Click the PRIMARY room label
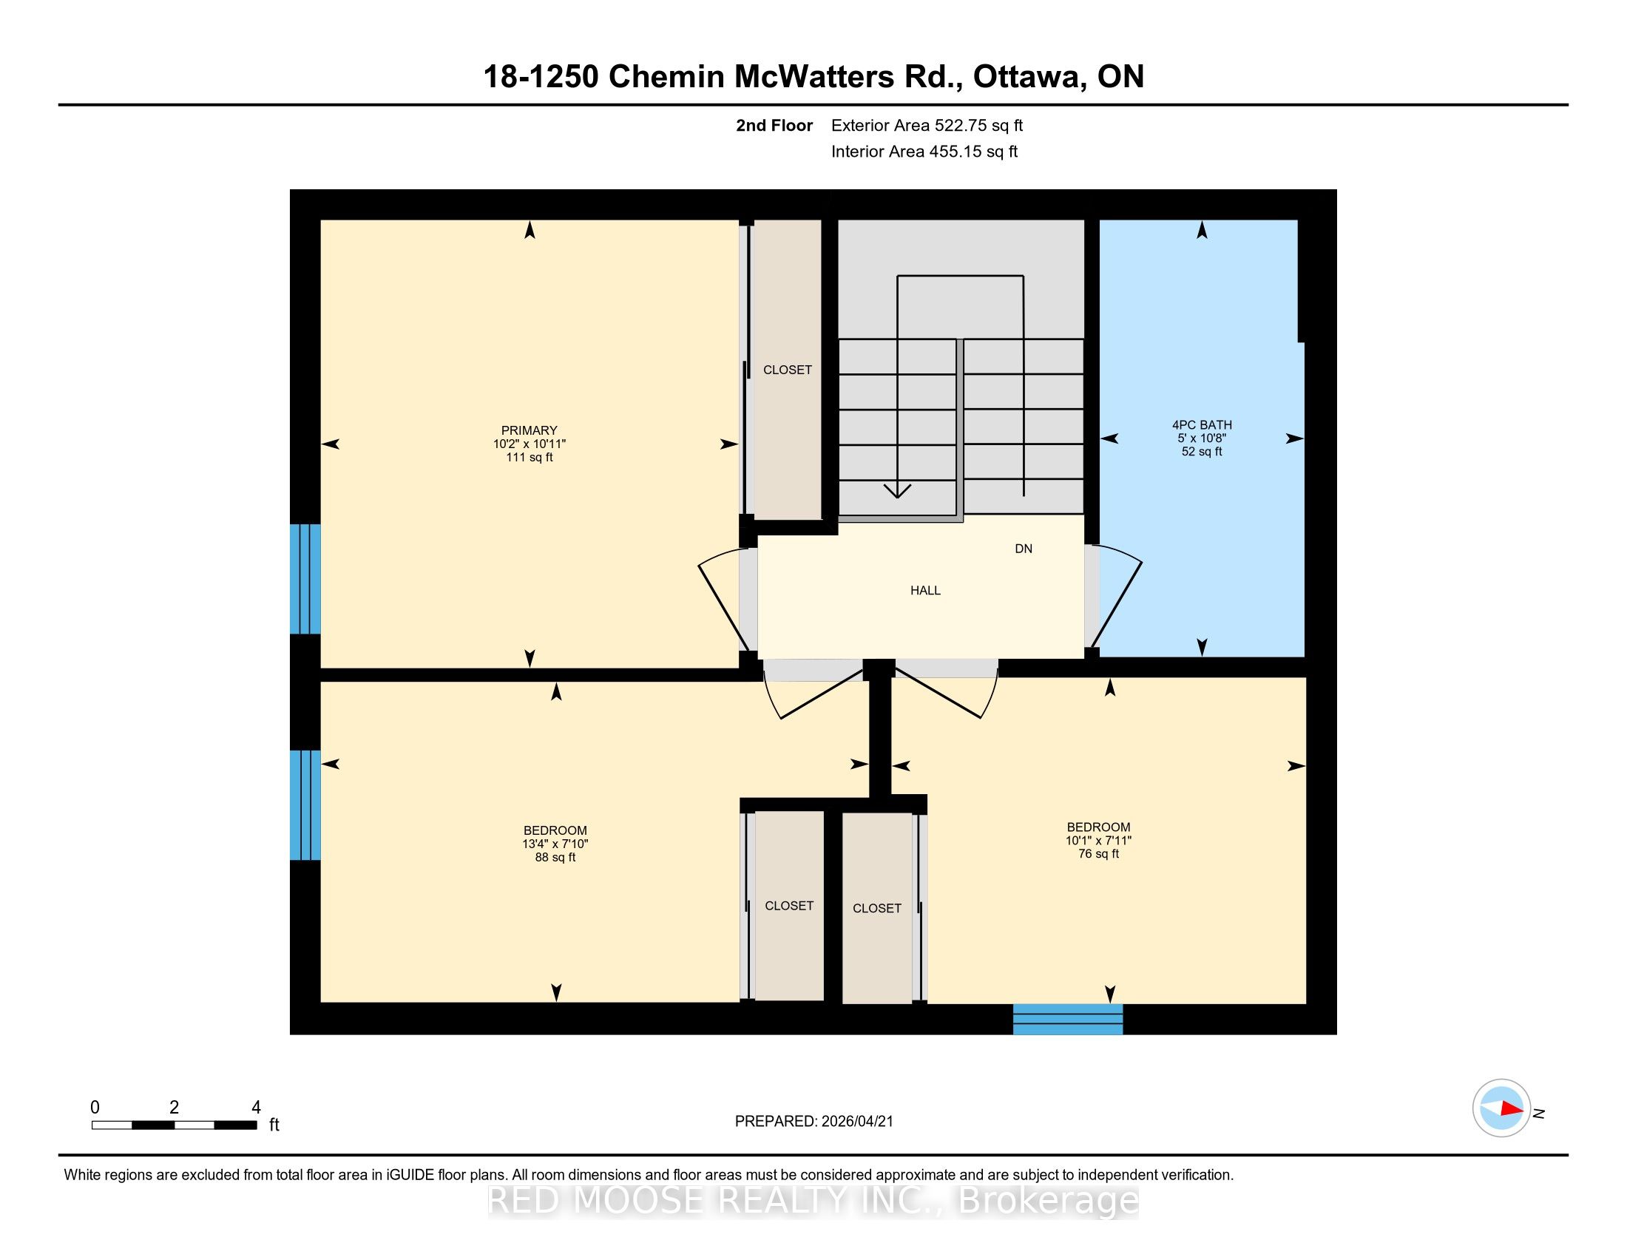click(x=529, y=430)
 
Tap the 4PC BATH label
click(x=1202, y=425)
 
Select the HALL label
click(x=925, y=591)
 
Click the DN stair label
click(x=1024, y=549)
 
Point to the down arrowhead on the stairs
click(x=898, y=491)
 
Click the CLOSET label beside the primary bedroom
click(x=788, y=370)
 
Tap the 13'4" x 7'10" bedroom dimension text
click(x=555, y=844)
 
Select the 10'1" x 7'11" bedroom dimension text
click(x=1098, y=840)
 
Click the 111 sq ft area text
click(x=529, y=457)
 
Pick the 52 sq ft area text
click(x=1202, y=451)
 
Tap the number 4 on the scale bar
click(x=256, y=1108)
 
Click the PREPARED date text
click(x=813, y=1122)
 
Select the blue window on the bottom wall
click(x=1067, y=1020)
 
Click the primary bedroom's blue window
click(x=305, y=579)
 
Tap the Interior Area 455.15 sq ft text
click(x=924, y=152)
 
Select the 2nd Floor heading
click(x=774, y=126)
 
